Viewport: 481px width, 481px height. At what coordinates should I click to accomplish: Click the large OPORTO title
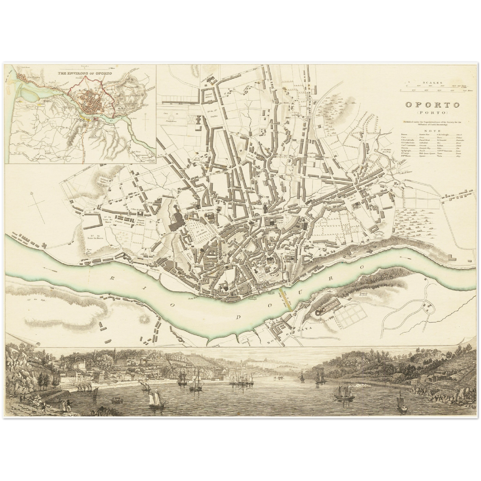coord(432,105)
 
